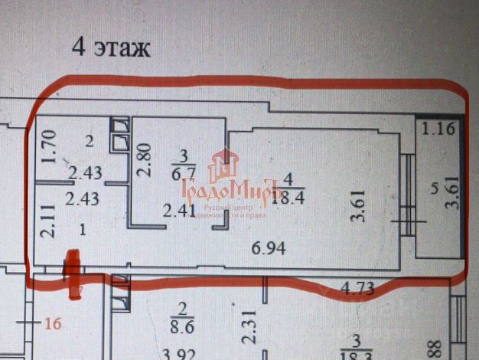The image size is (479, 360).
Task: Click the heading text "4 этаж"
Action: pyautogui.click(x=111, y=47)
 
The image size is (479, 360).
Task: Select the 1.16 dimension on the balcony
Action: pyautogui.click(x=439, y=129)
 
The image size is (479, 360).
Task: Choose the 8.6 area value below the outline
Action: pyautogui.click(x=183, y=330)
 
